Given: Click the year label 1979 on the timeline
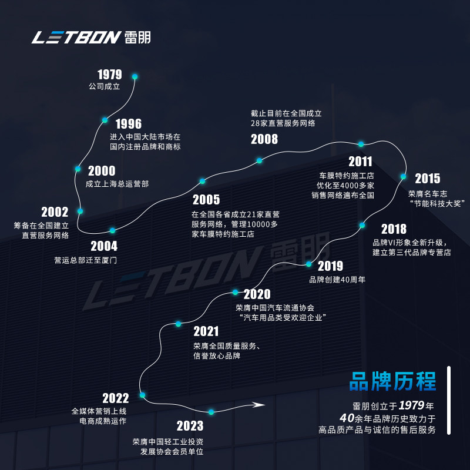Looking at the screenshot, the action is tap(110, 75).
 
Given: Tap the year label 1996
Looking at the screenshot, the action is tap(129, 124).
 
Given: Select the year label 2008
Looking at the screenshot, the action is tap(264, 139).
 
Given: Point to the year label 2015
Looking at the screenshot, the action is tap(427, 179).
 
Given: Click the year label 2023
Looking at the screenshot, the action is tap(190, 426).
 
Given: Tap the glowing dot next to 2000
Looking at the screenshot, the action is tap(78, 169).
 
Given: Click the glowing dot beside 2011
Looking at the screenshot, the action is tap(361, 144).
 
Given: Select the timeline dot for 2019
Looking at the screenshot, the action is tap(309, 264).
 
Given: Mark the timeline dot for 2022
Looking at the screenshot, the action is tap(142, 395).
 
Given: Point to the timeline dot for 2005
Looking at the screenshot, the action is tap(202, 181).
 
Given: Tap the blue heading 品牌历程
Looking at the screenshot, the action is tap(392, 381).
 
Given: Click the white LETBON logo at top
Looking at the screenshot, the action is tap(91, 37).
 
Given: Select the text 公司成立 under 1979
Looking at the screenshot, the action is tap(104, 86).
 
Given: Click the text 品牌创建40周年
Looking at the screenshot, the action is tap(337, 280).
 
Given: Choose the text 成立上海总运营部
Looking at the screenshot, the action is tap(117, 184).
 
